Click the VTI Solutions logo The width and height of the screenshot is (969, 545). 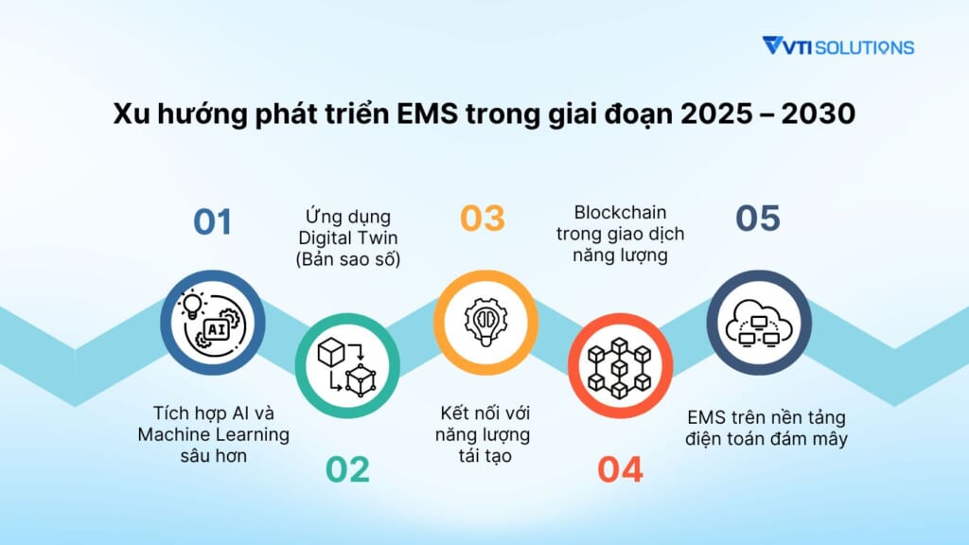pyautogui.click(x=838, y=46)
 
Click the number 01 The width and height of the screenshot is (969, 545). pyautogui.click(x=213, y=221)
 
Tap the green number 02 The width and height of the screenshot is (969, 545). pyautogui.click(x=347, y=469)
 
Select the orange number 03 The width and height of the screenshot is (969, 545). pyautogui.click(x=483, y=219)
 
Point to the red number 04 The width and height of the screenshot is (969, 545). pyautogui.click(x=620, y=469)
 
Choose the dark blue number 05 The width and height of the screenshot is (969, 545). pyautogui.click(x=758, y=219)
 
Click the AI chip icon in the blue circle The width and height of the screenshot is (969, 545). pyautogui.click(x=213, y=323)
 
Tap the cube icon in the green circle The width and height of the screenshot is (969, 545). pyautogui.click(x=347, y=366)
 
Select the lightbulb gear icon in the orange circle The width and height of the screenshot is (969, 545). pyautogui.click(x=485, y=322)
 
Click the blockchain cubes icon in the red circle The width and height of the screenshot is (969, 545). pyautogui.click(x=620, y=367)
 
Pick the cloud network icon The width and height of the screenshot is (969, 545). pyautogui.click(x=759, y=323)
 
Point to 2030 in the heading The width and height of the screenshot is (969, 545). pyautogui.click(x=819, y=114)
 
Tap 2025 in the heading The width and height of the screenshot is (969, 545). pyautogui.click(x=718, y=114)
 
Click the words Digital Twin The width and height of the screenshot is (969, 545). pyautogui.click(x=348, y=237)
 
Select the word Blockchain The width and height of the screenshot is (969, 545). pyautogui.click(x=620, y=213)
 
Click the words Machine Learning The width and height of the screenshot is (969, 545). pyautogui.click(x=213, y=434)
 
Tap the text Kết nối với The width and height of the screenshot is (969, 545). pyautogui.click(x=485, y=413)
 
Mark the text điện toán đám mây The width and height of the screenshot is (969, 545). pyautogui.click(x=766, y=439)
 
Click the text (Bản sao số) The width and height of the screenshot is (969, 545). pyautogui.click(x=348, y=259)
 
